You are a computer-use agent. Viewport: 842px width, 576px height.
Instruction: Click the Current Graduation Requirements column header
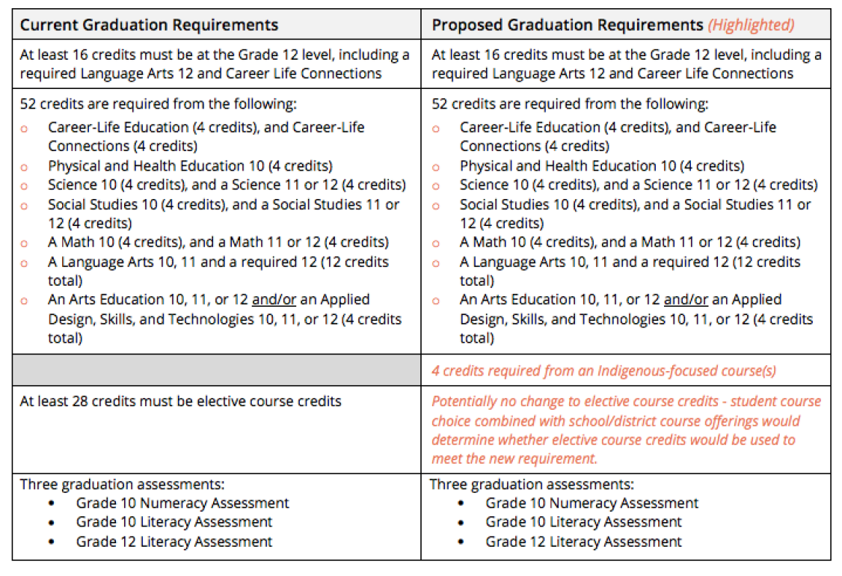coord(149,25)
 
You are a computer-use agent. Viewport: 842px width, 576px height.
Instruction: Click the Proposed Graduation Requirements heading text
coord(568,25)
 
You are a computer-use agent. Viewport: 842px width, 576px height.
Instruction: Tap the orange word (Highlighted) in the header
coord(751,25)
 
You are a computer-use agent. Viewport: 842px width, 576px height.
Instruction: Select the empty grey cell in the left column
coord(216,370)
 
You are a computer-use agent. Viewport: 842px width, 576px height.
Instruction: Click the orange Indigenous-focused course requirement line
coord(603,370)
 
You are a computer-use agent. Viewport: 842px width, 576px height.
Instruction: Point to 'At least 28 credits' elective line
coord(180,401)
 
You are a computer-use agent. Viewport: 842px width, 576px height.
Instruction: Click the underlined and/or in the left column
coord(274,299)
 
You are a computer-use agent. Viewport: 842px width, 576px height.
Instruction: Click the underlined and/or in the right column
coord(686,299)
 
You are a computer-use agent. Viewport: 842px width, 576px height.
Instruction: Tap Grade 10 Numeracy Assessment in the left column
coord(182,503)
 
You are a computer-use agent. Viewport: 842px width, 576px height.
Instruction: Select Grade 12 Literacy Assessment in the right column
coord(583,542)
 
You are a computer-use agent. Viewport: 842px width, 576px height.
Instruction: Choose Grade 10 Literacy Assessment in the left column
coord(174,522)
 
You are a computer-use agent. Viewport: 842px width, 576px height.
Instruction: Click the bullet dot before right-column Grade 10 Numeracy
coord(461,503)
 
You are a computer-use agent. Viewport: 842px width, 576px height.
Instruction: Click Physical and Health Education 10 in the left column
coord(190,165)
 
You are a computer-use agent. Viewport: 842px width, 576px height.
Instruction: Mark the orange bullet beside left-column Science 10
coord(25,186)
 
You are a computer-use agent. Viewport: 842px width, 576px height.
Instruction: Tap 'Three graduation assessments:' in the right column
coord(531,484)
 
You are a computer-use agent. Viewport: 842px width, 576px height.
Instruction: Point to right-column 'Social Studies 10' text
coord(513,204)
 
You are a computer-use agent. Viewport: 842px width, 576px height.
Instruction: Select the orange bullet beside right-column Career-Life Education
coord(437,129)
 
